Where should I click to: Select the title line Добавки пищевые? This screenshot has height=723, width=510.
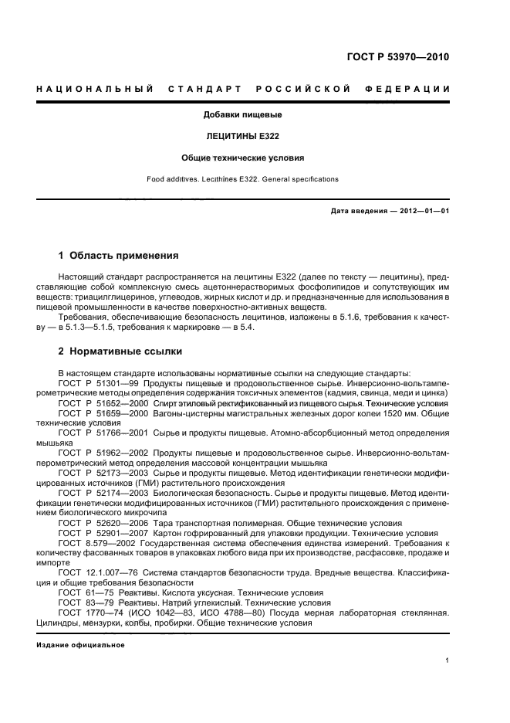[x=242, y=115]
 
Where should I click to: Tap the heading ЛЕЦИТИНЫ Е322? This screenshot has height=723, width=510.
[x=242, y=136]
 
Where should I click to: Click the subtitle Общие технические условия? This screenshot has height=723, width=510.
[x=242, y=157]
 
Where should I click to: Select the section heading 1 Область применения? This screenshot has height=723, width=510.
[x=119, y=255]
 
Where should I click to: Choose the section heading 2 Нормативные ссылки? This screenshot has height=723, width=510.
[x=120, y=351]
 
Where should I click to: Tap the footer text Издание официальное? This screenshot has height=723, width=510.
[x=80, y=644]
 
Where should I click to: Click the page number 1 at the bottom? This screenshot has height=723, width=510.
[x=448, y=660]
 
